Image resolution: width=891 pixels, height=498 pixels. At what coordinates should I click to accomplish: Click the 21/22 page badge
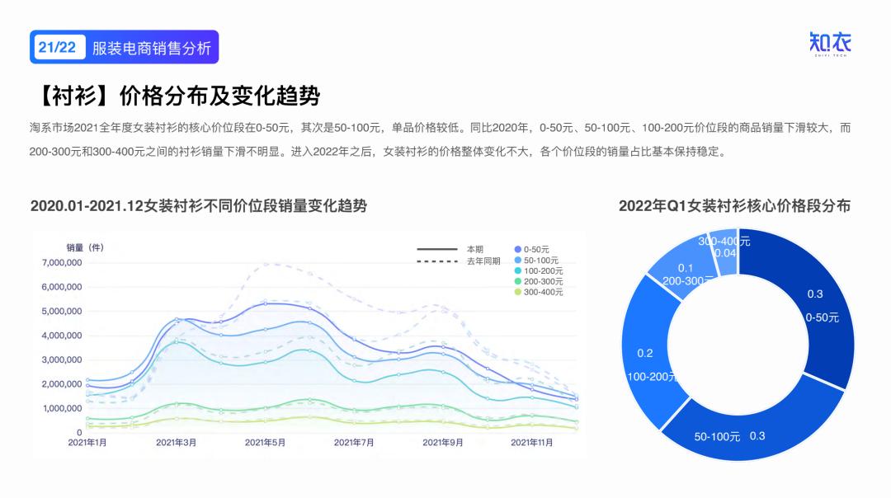tap(57, 47)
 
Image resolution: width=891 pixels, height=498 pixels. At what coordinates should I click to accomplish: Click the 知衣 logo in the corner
tap(829, 43)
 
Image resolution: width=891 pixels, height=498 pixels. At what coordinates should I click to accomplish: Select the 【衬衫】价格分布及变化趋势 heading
tap(174, 96)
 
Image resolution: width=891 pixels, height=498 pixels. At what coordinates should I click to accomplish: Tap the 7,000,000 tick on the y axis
tap(62, 262)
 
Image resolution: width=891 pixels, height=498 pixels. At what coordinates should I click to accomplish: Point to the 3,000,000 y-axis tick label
tap(62, 359)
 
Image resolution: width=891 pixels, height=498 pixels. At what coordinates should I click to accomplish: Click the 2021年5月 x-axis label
tap(265, 443)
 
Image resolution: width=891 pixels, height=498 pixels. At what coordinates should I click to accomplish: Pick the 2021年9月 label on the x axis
tap(443, 443)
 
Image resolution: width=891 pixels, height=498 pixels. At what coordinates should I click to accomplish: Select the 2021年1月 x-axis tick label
tap(87, 443)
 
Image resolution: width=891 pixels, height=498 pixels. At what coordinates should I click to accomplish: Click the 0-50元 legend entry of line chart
tap(536, 249)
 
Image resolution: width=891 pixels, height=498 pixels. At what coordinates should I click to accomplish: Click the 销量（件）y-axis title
tap(85, 247)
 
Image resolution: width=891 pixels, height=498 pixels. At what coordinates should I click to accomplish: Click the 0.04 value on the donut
tap(724, 253)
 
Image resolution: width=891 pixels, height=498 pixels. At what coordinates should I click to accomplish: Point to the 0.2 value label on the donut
tap(645, 354)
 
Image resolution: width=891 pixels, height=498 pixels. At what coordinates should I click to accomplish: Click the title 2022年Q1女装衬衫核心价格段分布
tap(734, 206)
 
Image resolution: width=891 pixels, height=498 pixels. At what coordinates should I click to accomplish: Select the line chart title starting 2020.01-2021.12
tap(199, 206)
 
